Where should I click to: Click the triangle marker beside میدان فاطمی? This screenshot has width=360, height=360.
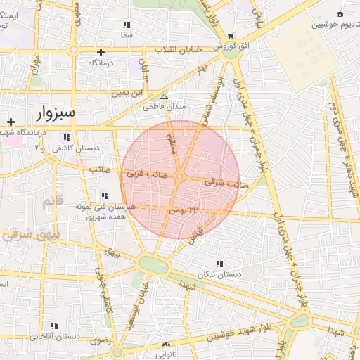[x=164, y=97]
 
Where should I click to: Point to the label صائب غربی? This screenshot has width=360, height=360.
[x=144, y=172]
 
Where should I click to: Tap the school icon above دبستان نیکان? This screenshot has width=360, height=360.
[x=220, y=264]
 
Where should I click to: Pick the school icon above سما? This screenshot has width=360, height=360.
[x=127, y=25]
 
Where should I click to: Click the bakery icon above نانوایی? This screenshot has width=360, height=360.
[x=166, y=345]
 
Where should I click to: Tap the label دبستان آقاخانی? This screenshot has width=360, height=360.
[x=49, y=337]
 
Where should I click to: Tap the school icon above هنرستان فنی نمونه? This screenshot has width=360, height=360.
[x=105, y=195]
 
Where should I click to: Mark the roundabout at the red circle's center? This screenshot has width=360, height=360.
[x=180, y=176]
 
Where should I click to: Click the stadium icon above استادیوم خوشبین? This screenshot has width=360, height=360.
[x=340, y=13]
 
